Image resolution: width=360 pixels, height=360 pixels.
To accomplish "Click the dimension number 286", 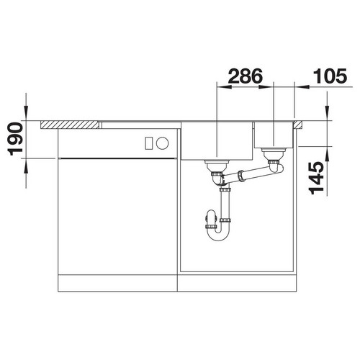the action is click(x=246, y=76).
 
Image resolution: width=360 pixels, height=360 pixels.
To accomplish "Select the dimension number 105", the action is click(x=330, y=76).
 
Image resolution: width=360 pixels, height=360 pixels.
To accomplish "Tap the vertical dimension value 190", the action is click(x=15, y=139).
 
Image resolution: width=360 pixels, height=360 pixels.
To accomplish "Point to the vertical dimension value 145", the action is click(x=316, y=178).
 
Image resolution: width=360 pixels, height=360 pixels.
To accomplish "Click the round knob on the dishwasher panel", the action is click(x=163, y=143).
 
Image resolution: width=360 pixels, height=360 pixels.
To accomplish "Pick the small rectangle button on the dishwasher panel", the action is click(x=149, y=143).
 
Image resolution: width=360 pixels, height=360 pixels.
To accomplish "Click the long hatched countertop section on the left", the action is click(x=70, y=125).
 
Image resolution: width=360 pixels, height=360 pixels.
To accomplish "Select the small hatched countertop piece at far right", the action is click(x=297, y=125).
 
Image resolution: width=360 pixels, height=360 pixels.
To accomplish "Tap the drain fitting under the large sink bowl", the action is click(x=217, y=165).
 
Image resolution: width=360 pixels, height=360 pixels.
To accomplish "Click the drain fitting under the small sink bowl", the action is click(x=274, y=153).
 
